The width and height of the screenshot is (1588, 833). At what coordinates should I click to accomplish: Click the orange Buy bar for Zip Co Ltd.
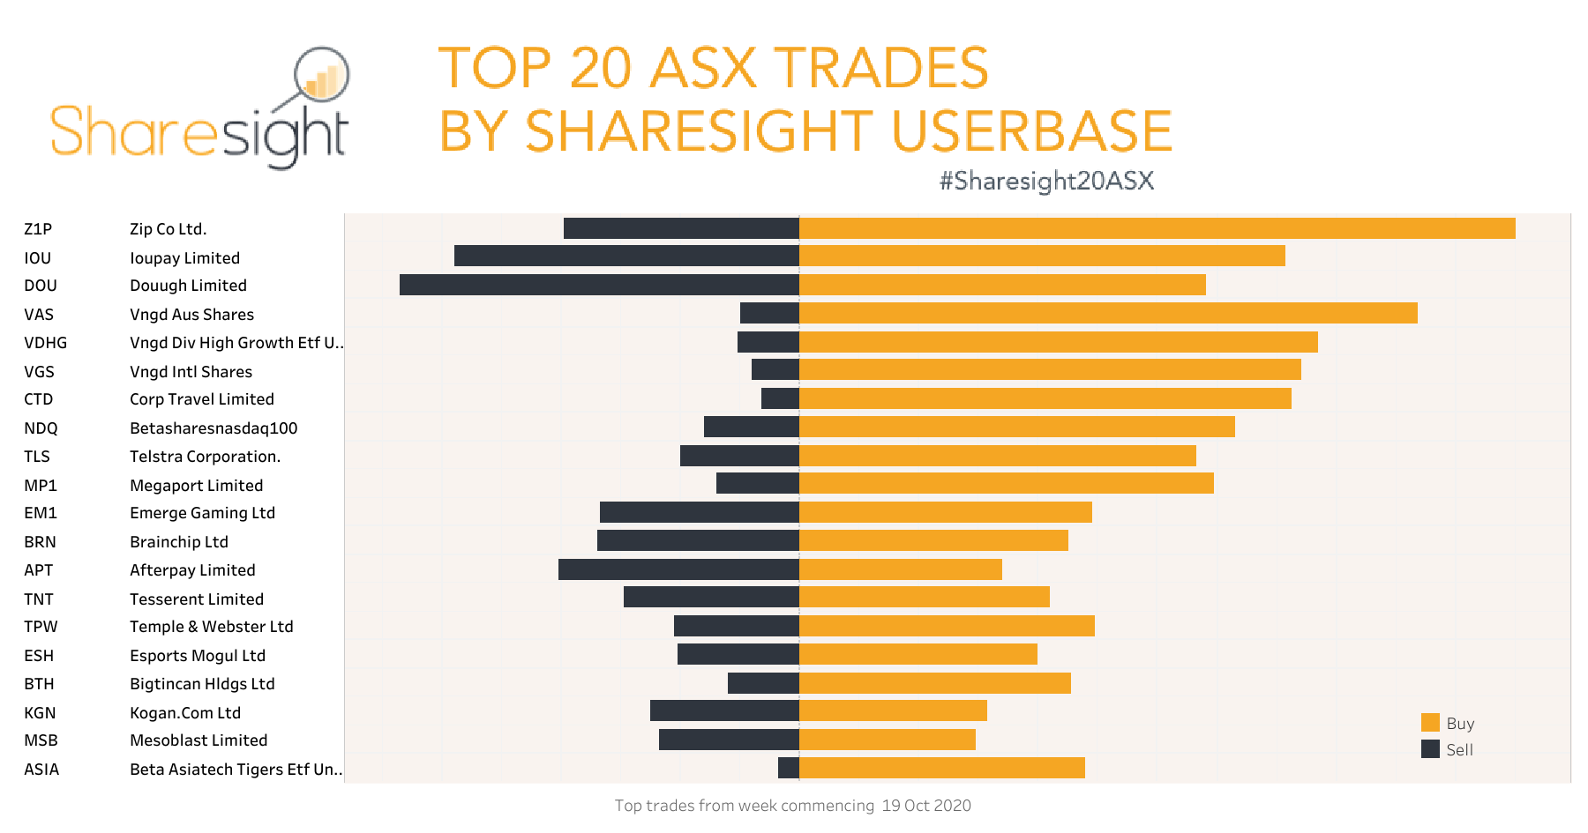(1157, 228)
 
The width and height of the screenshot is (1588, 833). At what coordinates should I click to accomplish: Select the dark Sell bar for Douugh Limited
(599, 285)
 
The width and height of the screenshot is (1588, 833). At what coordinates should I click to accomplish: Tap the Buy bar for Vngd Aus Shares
(1108, 313)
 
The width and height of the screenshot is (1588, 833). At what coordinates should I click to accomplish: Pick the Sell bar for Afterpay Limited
(678, 569)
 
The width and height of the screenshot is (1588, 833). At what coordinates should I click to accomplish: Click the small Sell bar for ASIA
(789, 768)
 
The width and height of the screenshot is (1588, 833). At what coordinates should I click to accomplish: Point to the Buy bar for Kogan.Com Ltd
(893, 710)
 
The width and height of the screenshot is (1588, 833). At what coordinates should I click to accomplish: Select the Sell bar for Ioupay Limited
(626, 256)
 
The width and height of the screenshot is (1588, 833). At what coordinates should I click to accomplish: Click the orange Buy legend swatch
(1430, 723)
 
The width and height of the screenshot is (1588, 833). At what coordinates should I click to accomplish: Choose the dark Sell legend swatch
(1430, 749)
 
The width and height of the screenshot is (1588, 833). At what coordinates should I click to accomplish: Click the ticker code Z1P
(38, 229)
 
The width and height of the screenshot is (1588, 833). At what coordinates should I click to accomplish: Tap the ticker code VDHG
(45, 343)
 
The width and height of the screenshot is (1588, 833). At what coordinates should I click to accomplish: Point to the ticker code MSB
(41, 740)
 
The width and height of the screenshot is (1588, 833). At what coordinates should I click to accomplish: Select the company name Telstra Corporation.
(205, 457)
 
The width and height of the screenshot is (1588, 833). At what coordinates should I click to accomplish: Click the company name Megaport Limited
(196, 486)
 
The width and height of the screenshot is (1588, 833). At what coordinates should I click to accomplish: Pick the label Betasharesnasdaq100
(213, 428)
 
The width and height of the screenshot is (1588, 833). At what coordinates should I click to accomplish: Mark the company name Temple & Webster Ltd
(211, 627)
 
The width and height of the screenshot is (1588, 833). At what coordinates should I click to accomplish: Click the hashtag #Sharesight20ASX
(1046, 181)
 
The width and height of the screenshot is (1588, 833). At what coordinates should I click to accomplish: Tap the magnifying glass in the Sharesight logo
(321, 76)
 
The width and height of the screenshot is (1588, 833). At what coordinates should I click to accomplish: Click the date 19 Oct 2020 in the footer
(926, 806)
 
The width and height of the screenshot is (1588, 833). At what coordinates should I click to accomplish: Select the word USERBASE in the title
(1031, 131)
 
